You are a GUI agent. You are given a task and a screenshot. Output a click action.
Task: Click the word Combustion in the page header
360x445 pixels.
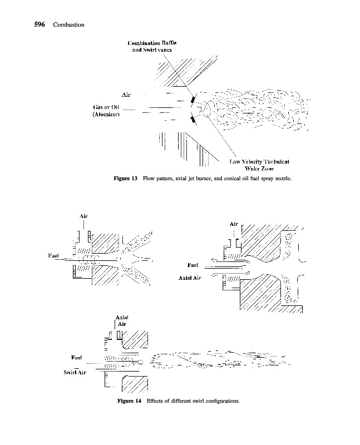pyautogui.click(x=68, y=24)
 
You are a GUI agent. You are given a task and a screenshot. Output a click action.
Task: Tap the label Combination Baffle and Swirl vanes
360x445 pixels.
pyautogui.click(x=152, y=46)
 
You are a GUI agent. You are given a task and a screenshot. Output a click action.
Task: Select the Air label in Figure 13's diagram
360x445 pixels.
pyautogui.click(x=126, y=95)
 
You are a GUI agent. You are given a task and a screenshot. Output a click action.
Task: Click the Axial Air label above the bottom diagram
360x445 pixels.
pyautogui.click(x=122, y=320)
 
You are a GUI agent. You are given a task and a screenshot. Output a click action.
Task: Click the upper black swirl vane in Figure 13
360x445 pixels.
pyautogui.click(x=192, y=100)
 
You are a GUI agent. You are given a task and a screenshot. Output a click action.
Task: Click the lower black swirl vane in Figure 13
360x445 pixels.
pyautogui.click(x=193, y=120)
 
